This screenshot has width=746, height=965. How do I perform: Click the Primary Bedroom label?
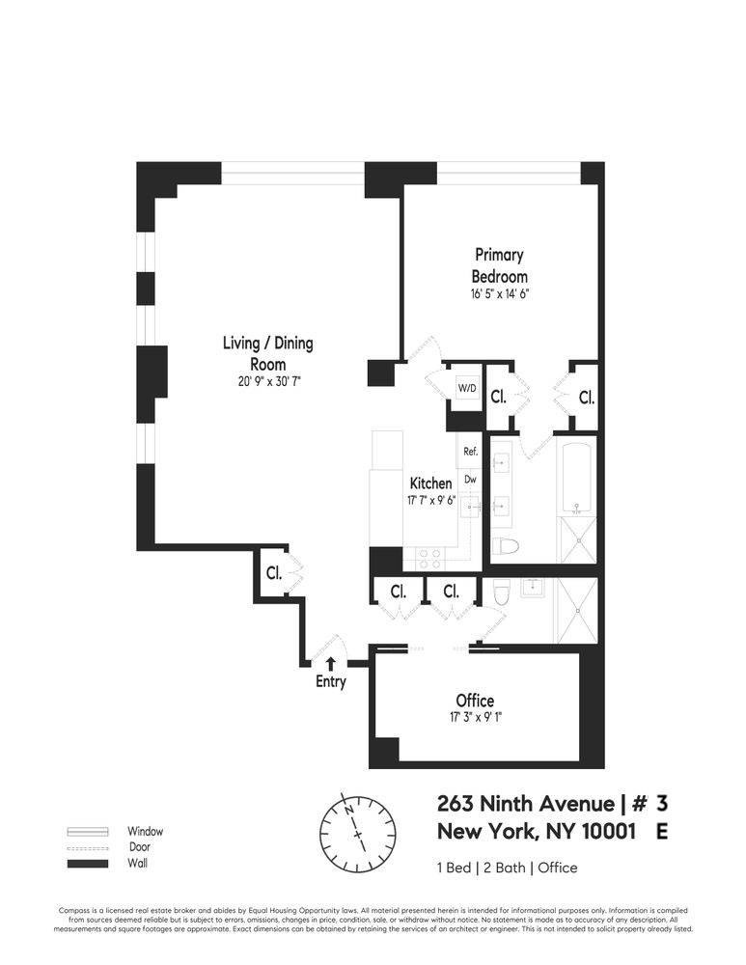499,265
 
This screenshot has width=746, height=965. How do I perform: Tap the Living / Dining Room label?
267,353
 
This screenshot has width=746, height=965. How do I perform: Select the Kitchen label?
430,482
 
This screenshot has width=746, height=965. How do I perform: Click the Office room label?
475,701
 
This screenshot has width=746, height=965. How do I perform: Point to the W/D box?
467,388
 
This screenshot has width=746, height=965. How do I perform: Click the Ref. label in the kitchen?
471,451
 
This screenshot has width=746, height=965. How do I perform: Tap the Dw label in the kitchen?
471,479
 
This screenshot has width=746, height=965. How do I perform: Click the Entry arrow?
331,663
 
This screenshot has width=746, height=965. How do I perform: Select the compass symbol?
358,833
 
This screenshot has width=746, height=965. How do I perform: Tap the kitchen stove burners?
428,558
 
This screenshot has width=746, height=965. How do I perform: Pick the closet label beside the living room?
274,573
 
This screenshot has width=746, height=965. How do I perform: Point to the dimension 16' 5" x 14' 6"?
499,292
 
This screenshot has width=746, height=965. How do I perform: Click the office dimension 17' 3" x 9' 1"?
475,717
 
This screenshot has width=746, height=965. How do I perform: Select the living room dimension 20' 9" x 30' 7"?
267,381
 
